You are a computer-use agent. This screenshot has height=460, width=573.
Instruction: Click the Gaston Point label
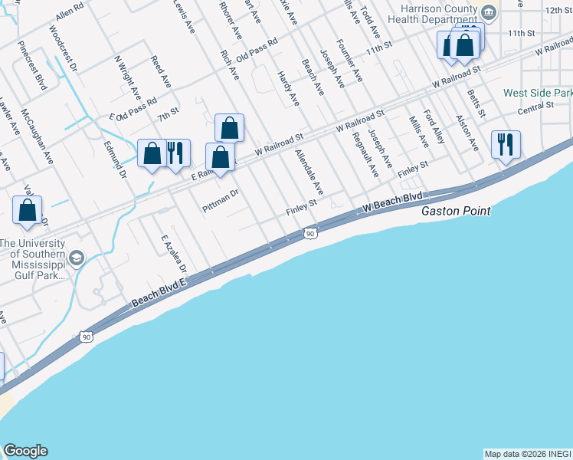[x=456, y=211]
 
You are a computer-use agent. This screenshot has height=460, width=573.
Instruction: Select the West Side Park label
[x=538, y=93]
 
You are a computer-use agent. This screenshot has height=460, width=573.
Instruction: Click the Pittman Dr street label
[x=221, y=201]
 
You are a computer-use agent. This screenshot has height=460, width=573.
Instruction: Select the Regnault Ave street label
[x=365, y=155]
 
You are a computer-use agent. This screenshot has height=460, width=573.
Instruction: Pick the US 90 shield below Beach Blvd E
[x=86, y=336]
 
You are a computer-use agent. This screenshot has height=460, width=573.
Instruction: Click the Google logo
[x=25, y=451]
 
